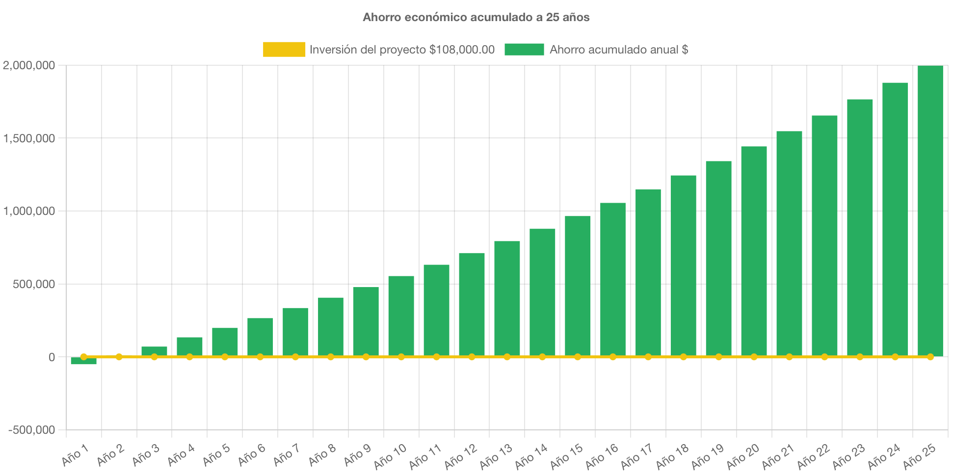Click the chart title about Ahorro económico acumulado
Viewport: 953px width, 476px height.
[476, 17]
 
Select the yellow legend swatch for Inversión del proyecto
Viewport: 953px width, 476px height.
[284, 49]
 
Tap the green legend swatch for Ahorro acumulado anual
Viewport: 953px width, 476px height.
[524, 49]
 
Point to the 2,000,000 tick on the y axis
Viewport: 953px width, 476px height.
[29, 65]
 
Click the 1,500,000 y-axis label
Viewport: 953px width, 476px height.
[29, 138]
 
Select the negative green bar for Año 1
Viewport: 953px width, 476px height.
[83, 361]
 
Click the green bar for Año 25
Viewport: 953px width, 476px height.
[930, 211]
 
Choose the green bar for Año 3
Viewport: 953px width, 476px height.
[154, 351]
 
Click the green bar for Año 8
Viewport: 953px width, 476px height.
[330, 326]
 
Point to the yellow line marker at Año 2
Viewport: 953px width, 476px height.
[119, 357]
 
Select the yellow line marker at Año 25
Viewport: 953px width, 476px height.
[930, 357]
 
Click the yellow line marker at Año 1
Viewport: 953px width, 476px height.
[83, 357]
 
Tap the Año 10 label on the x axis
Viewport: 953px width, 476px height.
[390, 456]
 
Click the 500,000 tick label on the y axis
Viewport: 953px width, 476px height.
[34, 284]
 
